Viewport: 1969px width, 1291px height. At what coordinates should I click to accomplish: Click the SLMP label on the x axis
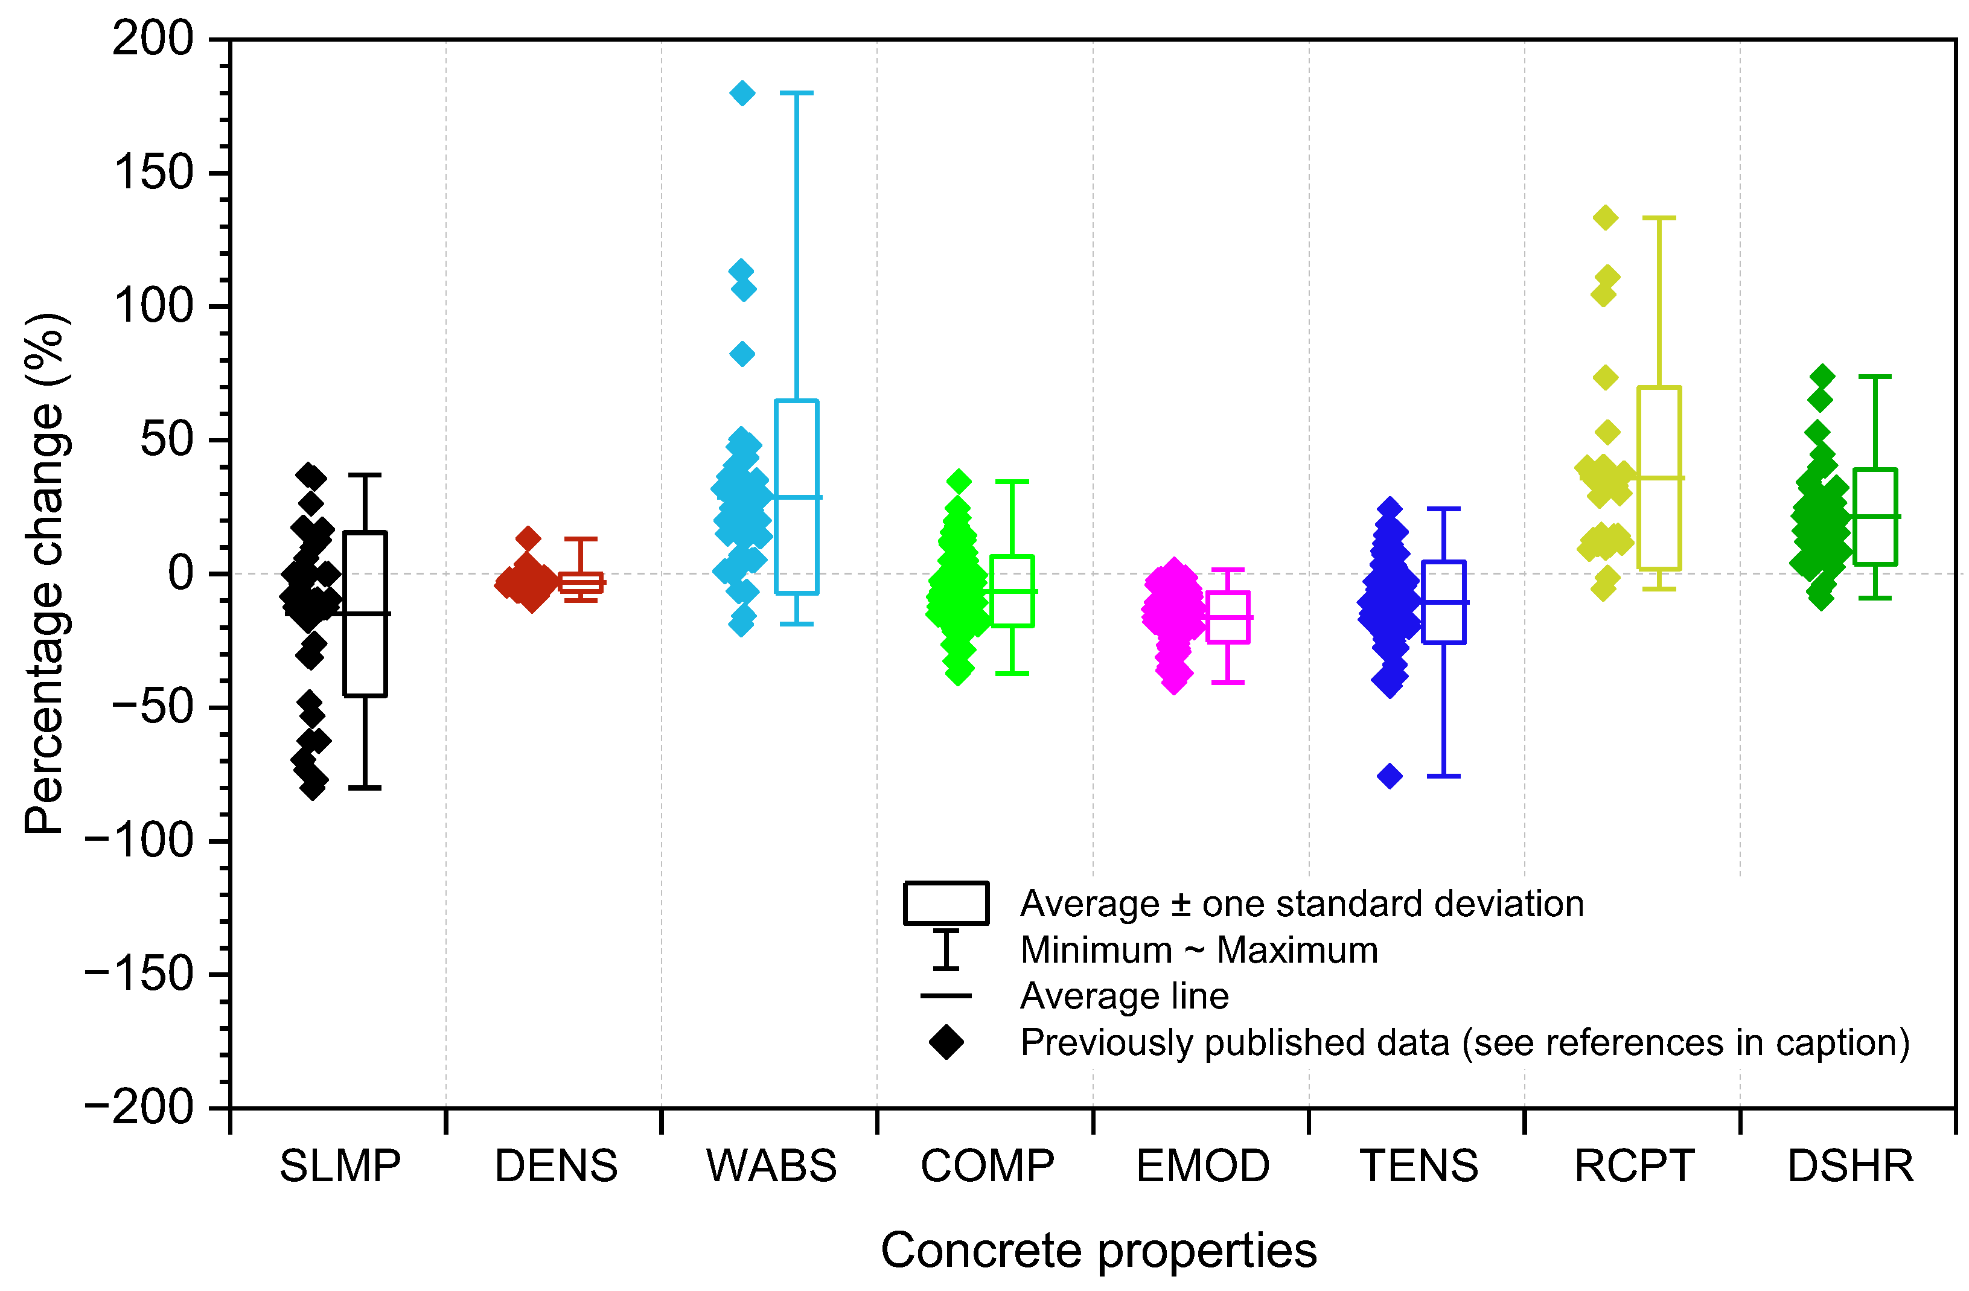point(339,1167)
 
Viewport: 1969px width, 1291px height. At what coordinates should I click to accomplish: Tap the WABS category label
point(771,1167)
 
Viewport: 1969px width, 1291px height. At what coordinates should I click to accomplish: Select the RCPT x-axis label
point(1634,1167)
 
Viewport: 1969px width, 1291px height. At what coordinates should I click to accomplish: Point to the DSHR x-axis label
point(1851,1167)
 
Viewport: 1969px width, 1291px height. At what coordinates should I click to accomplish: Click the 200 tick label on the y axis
point(153,39)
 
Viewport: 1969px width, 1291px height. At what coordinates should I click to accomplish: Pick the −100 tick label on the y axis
point(139,841)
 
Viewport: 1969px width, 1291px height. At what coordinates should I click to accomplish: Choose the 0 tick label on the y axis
point(180,574)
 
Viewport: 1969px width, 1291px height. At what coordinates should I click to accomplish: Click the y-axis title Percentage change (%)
point(45,574)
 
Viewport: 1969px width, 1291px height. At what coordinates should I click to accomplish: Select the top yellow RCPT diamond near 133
point(1606,218)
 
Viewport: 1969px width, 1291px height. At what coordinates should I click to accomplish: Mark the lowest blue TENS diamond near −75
point(1390,776)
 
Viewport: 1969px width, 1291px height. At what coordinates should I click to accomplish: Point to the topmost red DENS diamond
point(528,539)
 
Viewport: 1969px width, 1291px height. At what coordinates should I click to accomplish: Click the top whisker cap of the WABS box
point(797,94)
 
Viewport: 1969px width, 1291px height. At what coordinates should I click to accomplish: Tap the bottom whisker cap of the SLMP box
point(365,788)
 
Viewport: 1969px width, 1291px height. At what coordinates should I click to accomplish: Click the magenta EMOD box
point(1228,617)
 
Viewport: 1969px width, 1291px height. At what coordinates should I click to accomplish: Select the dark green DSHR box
point(1875,517)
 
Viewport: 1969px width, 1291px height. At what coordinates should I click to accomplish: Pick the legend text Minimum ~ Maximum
point(1199,950)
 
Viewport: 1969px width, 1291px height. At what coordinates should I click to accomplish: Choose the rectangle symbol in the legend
point(946,903)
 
